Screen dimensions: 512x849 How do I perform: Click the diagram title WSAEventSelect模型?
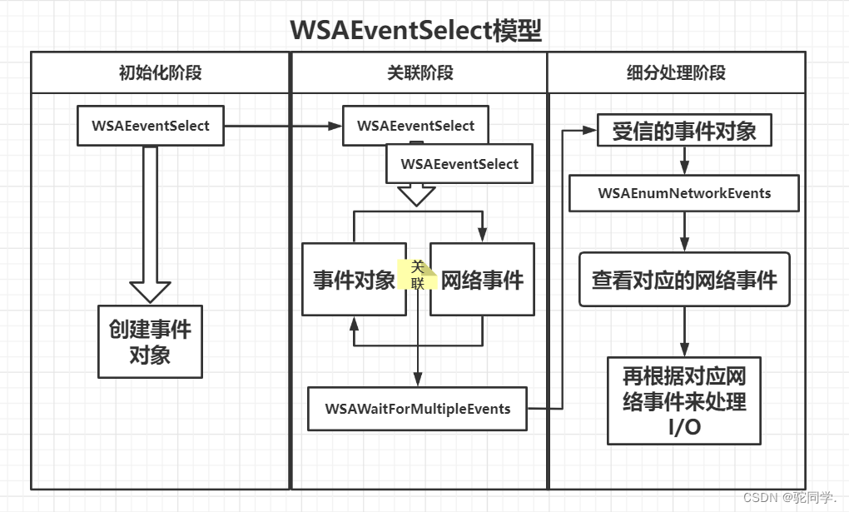pos(415,30)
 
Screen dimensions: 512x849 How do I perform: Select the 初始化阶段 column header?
pos(160,72)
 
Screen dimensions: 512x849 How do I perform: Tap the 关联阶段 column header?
pos(420,72)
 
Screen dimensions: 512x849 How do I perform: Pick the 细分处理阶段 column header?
pos(676,72)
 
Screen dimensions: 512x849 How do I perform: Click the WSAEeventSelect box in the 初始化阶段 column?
pos(151,127)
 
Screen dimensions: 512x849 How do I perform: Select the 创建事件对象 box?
pos(150,341)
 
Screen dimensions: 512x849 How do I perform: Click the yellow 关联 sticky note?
pos(418,274)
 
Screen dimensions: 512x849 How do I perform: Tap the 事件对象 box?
pos(354,280)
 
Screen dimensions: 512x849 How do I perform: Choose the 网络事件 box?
pos(482,280)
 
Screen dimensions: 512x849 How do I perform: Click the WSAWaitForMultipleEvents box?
pos(417,409)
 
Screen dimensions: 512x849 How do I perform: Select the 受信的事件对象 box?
pos(684,132)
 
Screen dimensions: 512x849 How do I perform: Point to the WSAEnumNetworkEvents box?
pos(684,193)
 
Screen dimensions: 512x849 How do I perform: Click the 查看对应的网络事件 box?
pos(684,280)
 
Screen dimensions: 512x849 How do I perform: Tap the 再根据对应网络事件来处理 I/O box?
pos(684,400)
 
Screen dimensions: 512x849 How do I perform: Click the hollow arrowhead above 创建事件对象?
pos(151,291)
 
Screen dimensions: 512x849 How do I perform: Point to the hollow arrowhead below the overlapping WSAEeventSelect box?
pos(416,196)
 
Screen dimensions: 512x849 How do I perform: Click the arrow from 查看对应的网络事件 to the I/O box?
pos(684,332)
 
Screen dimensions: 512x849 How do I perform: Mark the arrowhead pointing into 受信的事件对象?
pos(590,131)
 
